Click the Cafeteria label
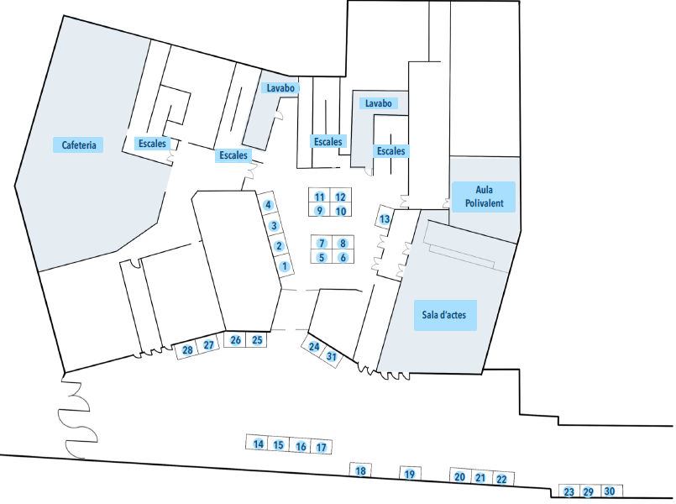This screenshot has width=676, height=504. tap(80, 144)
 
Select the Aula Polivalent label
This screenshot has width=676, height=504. tap(483, 197)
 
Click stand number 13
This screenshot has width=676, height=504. tap(385, 219)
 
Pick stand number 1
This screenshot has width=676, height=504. tap(285, 266)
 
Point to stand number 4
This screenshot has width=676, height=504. tap(269, 205)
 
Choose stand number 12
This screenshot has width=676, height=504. tap(341, 197)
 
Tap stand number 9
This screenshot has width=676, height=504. tap(320, 211)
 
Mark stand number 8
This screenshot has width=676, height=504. tap(343, 244)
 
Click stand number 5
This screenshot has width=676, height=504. tap(321, 257)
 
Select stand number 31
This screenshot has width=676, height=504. tap(332, 356)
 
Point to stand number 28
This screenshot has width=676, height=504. tap(188, 349)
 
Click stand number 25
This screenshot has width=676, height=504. tap(258, 340)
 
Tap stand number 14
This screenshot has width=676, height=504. tap(259, 444)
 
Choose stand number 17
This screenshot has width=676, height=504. tap(321, 447)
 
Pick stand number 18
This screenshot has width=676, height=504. tap(361, 471)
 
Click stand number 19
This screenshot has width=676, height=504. tap(410, 475)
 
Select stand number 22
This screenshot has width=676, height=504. tap(501, 479)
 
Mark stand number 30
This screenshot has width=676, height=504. tap(610, 491)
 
